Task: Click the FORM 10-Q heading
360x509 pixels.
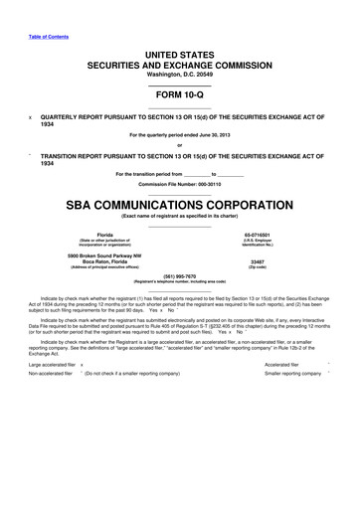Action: pos(179,98)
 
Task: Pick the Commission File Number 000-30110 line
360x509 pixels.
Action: pos(179,185)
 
